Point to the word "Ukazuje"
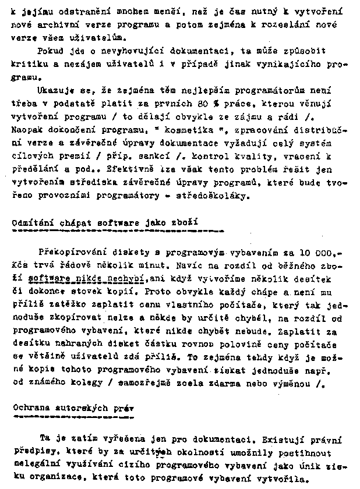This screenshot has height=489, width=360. (54, 90)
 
